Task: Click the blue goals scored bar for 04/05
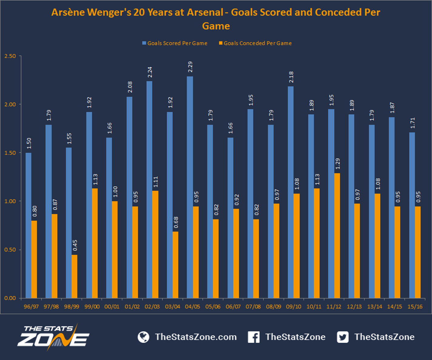coord(190,187)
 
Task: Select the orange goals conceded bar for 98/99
coord(74,276)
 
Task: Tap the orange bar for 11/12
coord(337,235)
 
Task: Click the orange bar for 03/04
coord(176,264)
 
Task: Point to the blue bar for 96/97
coord(28,225)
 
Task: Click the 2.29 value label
coord(190,67)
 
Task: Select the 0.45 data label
coord(75,245)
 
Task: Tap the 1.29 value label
coord(338,164)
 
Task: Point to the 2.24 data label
coord(150,72)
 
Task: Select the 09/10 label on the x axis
coord(294,307)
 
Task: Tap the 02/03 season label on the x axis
coord(152,307)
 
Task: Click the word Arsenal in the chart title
coord(205,12)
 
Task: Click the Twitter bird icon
coord(343,337)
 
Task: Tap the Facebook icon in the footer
coord(254,337)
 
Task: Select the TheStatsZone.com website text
coord(196,337)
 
